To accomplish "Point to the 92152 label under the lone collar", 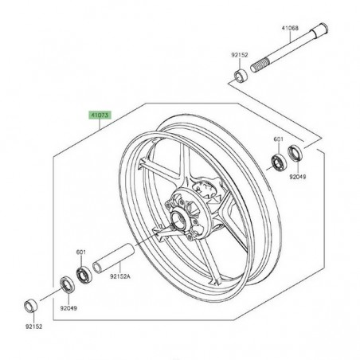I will pos(31,326).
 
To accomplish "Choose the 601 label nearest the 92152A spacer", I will pos(80,253).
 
